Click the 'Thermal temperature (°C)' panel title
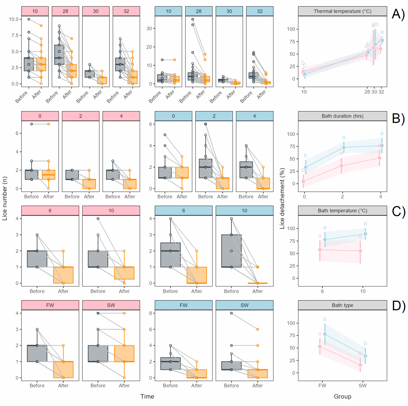pos(342,11)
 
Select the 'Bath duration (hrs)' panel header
pos(342,116)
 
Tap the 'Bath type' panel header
pos(342,305)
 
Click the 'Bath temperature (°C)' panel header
pos(342,211)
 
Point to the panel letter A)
pos(398,14)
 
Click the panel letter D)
pos(398,306)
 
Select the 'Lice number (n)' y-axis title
pos(5,198)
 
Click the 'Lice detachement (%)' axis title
pos(282,198)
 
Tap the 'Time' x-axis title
pos(147,396)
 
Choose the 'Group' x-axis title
pos(342,396)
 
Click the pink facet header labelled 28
pos(66,11)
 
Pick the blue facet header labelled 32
pos(260,11)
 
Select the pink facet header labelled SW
pos(111,305)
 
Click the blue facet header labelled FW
pos(184,305)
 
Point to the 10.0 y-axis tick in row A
pos(13,19)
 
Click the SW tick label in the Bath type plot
pos(363,385)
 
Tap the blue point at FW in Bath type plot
pos(325,334)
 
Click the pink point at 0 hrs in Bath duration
pos(303,181)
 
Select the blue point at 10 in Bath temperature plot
pos(365,234)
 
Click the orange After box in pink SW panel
pos(124,353)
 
